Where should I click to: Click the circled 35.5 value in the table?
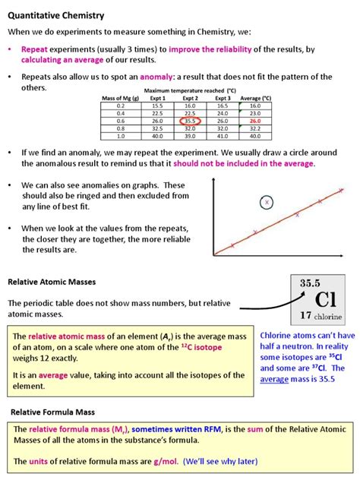pos(191,121)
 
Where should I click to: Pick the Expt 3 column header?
pos(223,99)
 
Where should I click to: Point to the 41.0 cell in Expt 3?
pos(223,136)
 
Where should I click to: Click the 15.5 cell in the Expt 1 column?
pos(157,106)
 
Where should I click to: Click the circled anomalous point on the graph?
pos(267,202)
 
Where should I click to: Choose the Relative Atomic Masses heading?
pos(52,281)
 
